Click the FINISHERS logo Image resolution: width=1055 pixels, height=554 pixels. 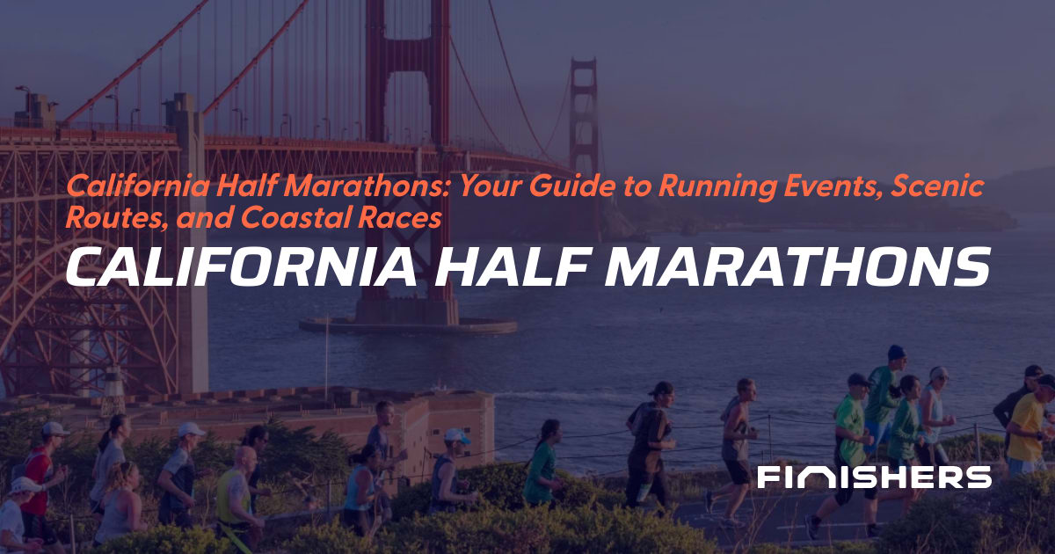[x=874, y=477]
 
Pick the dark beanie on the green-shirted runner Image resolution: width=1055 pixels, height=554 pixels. [x=896, y=352]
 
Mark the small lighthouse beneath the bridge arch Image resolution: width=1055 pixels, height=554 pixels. [x=113, y=387]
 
